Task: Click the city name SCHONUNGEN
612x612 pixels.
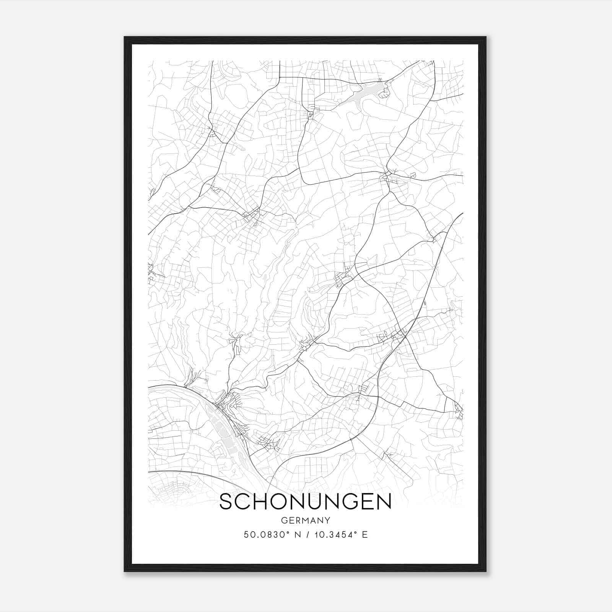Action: [305, 501]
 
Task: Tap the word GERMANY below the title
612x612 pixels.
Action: [305, 520]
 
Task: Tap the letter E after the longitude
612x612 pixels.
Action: [365, 535]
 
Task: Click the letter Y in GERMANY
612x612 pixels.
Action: [327, 520]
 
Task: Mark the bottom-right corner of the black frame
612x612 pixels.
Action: [485, 571]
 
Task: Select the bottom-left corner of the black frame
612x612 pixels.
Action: [125, 571]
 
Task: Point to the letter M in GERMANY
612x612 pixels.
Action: [306, 520]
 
